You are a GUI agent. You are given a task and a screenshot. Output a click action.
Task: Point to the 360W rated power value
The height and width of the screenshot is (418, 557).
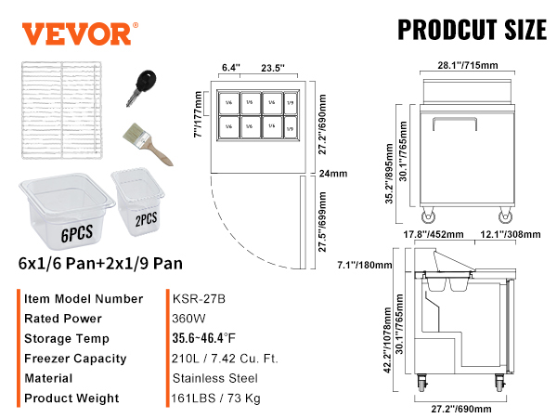pos(188,319)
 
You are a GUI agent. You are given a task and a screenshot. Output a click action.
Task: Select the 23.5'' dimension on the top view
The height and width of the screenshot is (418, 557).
pos(271,68)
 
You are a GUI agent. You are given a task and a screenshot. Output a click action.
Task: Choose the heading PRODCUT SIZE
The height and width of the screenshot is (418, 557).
pos(472,29)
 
